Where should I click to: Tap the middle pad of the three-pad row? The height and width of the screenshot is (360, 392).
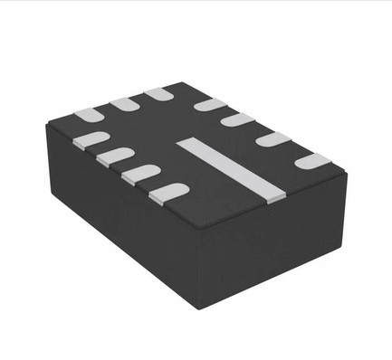[124, 104]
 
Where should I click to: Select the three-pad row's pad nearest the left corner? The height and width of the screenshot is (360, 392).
[88, 115]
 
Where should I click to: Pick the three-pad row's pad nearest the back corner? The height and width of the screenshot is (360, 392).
[160, 93]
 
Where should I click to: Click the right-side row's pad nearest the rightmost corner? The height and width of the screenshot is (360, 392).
[312, 161]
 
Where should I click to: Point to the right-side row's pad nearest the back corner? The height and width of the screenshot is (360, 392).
[210, 105]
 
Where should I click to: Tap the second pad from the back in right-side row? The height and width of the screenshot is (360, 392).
[238, 119]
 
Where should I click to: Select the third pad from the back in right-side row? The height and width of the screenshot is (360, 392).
[272, 139]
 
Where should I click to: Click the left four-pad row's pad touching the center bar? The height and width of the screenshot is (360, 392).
[169, 191]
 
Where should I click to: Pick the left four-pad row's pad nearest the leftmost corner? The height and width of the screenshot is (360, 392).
[91, 139]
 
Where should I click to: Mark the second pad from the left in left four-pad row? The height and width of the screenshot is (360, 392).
[115, 156]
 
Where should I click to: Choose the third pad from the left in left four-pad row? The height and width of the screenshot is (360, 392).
[141, 173]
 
